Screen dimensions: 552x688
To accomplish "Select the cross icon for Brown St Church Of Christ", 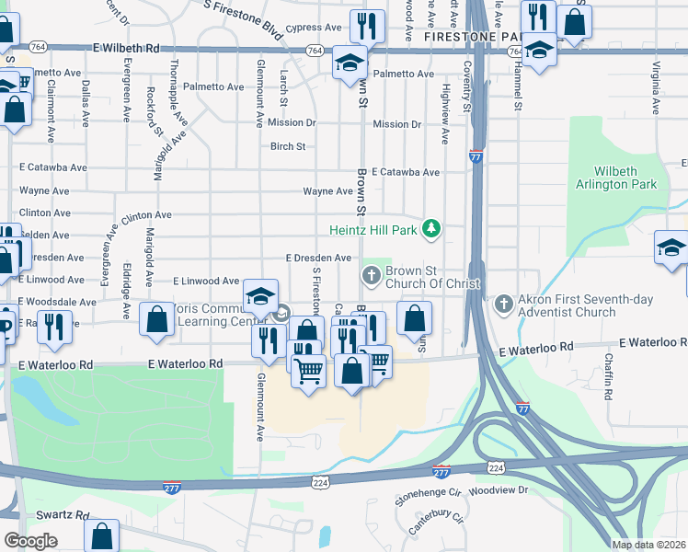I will [x=372, y=274].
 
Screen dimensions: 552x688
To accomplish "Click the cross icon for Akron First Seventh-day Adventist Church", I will [x=504, y=303].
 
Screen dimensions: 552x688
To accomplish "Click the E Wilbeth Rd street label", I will [x=126, y=47].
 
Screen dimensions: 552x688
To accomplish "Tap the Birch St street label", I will [x=288, y=146].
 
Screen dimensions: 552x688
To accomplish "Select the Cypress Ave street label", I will [x=313, y=29].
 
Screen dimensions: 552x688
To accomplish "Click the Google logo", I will [x=30, y=541].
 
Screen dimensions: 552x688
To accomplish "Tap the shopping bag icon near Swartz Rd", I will [x=101, y=535].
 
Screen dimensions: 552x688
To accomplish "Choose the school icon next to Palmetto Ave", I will [x=350, y=63].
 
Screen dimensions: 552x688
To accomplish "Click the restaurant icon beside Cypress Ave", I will [x=368, y=26].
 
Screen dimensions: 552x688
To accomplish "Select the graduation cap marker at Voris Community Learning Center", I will [x=261, y=295].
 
